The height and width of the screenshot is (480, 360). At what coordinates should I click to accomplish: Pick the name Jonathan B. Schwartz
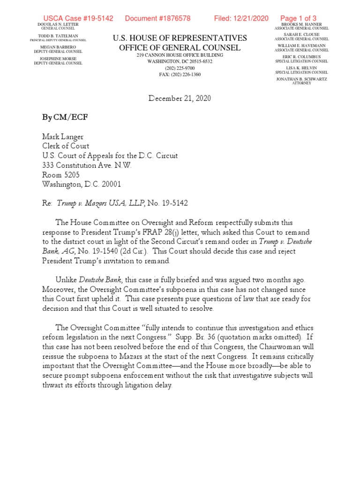coord(301,79)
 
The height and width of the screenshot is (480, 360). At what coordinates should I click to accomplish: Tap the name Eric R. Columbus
coord(301,57)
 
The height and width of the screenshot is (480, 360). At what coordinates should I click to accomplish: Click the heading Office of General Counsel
coord(180,48)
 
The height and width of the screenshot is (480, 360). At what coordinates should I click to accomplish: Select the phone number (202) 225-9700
coord(180,67)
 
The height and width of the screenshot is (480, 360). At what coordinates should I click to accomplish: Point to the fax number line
coord(180,74)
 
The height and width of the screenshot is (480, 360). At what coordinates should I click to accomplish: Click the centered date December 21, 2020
coord(180,98)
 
